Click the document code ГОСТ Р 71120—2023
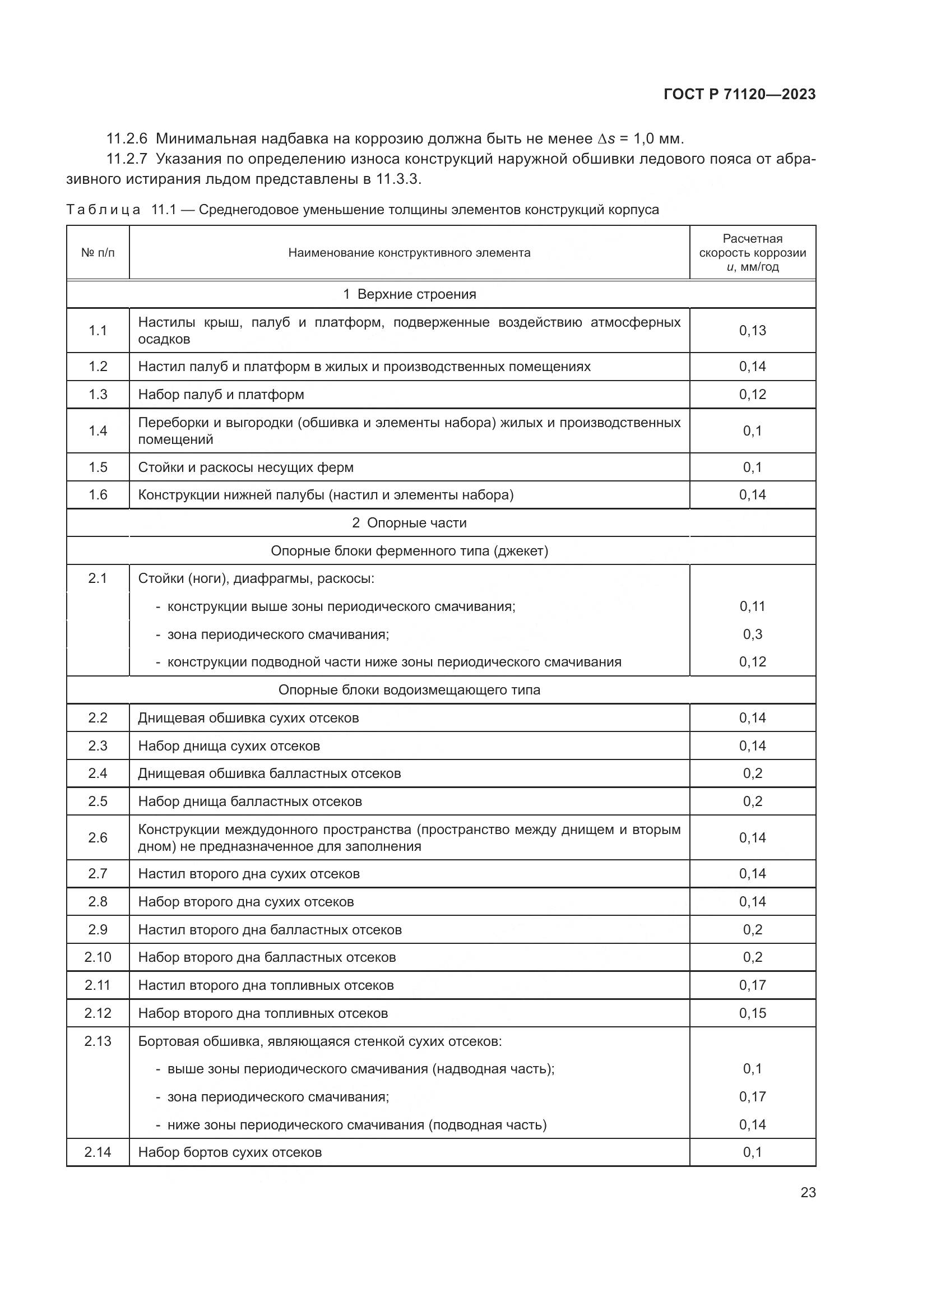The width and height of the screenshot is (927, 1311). click(x=740, y=94)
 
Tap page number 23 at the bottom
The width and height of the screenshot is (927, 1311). click(x=808, y=1192)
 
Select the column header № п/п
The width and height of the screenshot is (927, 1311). click(x=98, y=252)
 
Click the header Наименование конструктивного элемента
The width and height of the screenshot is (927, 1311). click(x=409, y=252)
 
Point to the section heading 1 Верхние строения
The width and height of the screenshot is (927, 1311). click(x=409, y=294)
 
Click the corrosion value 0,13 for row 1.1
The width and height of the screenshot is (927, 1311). click(x=752, y=330)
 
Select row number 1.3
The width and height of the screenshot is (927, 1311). click(x=98, y=395)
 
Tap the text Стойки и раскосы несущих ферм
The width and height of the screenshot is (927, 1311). click(x=245, y=467)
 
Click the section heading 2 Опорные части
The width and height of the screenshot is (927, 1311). click(x=409, y=522)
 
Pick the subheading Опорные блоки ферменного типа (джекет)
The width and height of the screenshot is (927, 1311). click(x=409, y=550)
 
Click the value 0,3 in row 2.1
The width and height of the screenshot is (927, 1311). click(x=752, y=634)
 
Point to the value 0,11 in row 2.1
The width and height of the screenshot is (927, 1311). click(x=752, y=606)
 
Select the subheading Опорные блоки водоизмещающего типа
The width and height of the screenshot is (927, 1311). click(x=409, y=690)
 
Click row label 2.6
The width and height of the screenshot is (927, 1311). click(x=98, y=837)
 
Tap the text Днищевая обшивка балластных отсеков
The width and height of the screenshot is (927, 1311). click(x=269, y=773)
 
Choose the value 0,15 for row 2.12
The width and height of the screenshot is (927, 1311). click(x=752, y=1013)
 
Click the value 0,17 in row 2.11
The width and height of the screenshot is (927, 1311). click(x=752, y=985)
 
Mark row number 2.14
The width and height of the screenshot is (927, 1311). click(x=98, y=1152)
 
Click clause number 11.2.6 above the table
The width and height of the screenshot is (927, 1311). click(x=127, y=139)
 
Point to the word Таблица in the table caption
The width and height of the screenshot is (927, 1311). click(x=103, y=210)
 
